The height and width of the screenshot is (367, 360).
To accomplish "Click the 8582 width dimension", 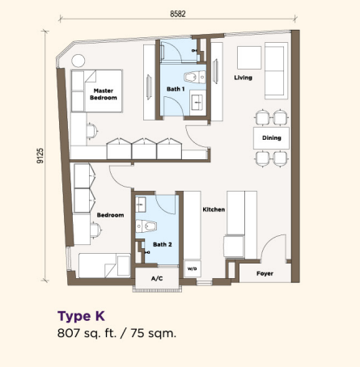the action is tap(178, 14).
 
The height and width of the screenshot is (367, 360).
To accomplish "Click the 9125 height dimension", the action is tap(40, 155).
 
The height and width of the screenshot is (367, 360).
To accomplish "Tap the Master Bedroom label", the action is tap(104, 95).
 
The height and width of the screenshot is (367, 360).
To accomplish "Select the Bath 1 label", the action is tap(176, 89).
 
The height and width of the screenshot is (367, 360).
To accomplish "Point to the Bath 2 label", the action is tap(163, 244).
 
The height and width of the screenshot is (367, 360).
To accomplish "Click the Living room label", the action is tap(243, 78).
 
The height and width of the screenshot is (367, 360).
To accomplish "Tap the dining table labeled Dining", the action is tap(271, 138).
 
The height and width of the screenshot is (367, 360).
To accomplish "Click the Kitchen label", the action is tap(214, 209).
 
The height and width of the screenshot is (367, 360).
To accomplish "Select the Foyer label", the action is tap(265, 273).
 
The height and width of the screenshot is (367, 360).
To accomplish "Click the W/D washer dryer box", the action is tap(193, 268).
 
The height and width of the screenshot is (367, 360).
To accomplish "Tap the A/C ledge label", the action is tap(157, 278).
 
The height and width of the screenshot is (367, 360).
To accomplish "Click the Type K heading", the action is tap(81, 316).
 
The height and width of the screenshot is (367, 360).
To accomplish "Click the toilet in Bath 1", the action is tap(195, 77).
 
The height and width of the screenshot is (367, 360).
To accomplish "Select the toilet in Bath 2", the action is tap(146, 226).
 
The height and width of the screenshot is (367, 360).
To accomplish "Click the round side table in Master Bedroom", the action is tap(78, 61).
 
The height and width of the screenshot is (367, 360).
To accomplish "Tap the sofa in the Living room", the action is tap(276, 70).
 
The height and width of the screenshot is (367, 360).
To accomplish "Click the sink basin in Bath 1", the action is tap(198, 103).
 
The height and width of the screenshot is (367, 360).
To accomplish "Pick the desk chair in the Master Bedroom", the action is tap(92, 131).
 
